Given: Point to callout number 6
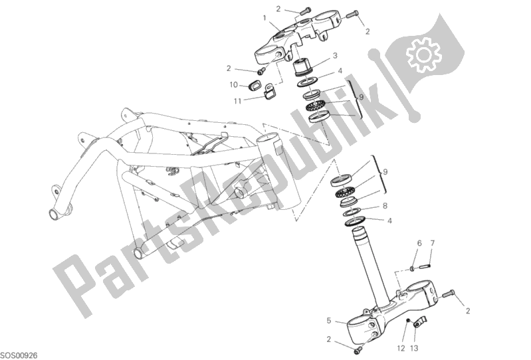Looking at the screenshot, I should (x=419, y=244).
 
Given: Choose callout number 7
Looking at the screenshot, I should (x=432, y=244).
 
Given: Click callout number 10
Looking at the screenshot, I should (x=233, y=85).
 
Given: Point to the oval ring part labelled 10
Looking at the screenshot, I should (x=255, y=85).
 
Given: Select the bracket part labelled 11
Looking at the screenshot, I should (x=270, y=92).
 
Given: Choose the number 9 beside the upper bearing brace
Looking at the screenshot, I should (x=360, y=97).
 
